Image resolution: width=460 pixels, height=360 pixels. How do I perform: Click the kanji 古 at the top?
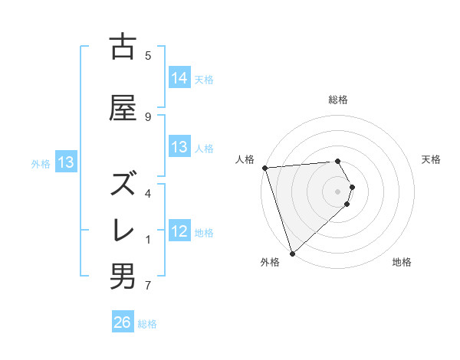123,48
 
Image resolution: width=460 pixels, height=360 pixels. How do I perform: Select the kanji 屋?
123,108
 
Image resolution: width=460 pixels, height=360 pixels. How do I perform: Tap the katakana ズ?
123,183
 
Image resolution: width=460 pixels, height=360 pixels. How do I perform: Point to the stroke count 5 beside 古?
147,55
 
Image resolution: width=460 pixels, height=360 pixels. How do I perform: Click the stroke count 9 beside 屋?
147,116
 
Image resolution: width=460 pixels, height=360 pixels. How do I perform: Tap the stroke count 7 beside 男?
147,286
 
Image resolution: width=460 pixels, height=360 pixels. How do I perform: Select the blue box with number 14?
179,77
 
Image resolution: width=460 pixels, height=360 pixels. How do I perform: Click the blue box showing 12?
179,231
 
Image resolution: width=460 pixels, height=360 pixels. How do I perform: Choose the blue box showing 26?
123,322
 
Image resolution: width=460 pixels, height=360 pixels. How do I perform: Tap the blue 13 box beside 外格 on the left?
66,162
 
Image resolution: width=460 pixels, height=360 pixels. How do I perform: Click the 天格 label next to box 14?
204,79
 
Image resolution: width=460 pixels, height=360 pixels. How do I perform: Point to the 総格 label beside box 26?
147,324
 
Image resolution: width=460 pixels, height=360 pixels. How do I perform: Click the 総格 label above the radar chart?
338,100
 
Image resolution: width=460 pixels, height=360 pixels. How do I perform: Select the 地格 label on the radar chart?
402,263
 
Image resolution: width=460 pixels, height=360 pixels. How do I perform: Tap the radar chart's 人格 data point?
264,168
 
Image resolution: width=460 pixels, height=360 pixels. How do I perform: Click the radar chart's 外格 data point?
292,253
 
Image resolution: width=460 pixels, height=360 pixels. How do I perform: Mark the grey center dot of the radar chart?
338,191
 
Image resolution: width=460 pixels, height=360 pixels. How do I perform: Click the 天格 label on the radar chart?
432,159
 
